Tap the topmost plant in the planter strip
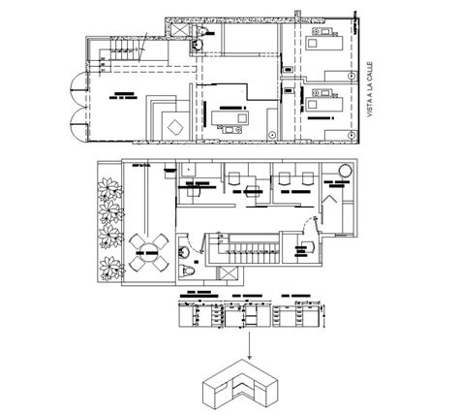click(x=107, y=186)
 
